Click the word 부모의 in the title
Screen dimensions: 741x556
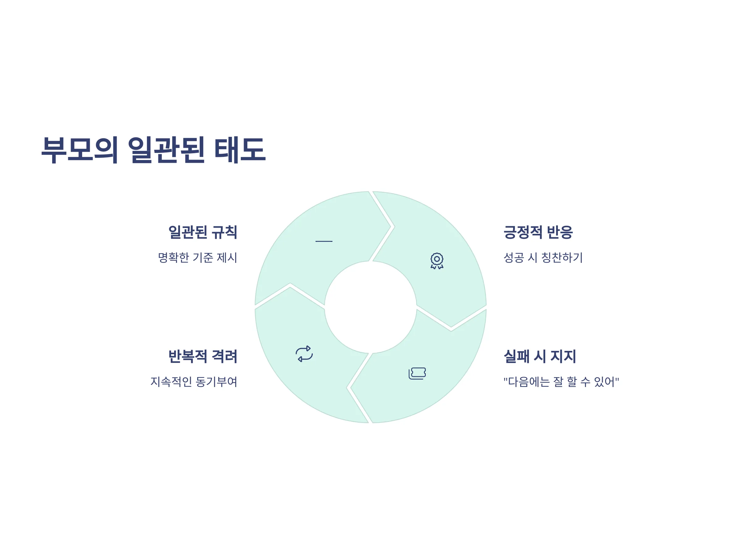coord(80,150)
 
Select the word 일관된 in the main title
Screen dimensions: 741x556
coord(166,150)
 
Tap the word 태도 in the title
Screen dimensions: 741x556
coord(240,150)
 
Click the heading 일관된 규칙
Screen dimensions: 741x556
coord(203,232)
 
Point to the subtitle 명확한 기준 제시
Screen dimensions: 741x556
coord(198,258)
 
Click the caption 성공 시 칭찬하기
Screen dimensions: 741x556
coord(543,258)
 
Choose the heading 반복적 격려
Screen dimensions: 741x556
coord(203,356)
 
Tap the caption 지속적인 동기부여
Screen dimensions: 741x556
coord(194,382)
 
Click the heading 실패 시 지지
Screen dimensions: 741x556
coord(540,356)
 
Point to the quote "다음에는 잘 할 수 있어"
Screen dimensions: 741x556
coord(561,382)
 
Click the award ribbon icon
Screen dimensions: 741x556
coord(437,261)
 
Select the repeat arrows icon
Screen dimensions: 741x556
coord(304,354)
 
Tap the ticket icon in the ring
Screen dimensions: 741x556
coord(417,373)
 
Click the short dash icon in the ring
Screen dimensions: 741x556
coord(324,241)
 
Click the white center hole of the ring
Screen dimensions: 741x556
coord(371,307)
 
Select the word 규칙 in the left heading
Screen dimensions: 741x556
coord(224,232)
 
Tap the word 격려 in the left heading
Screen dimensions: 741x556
coord(224,356)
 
